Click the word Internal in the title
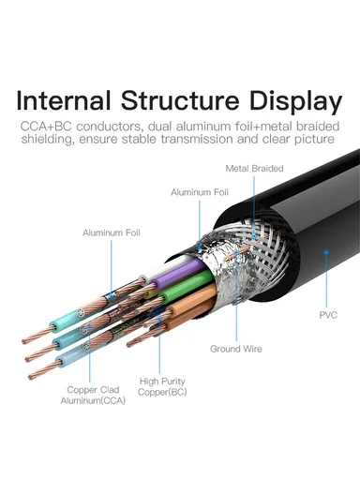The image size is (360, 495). coord(67,100)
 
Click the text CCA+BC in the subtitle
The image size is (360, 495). coord(48,126)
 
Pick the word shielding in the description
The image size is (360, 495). coord(52,141)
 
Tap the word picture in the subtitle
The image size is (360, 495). coord(311,141)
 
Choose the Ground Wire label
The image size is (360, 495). coord(236,348)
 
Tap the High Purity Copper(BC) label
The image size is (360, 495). coord(163,386)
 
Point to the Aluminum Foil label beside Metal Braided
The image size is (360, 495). coord(199,191)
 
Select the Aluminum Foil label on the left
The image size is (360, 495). coord(111,232)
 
